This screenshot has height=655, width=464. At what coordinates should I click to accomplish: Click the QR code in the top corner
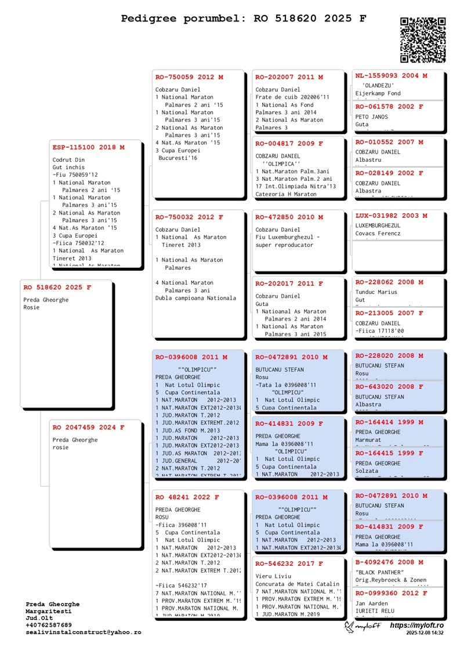(x=423, y=40)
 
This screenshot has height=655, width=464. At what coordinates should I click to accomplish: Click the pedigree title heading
(x=244, y=19)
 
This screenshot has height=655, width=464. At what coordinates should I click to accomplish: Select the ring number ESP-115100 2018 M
(x=88, y=148)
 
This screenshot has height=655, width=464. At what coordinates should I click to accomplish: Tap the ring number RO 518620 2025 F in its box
(x=57, y=288)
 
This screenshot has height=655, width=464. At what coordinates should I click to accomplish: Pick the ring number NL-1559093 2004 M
(x=391, y=76)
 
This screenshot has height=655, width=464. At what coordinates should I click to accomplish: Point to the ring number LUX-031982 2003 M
(x=391, y=216)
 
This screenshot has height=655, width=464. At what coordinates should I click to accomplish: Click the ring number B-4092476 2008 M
(x=389, y=562)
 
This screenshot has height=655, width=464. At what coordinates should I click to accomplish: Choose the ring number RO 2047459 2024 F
(x=88, y=428)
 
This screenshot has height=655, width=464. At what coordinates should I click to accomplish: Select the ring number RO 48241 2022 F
(x=187, y=497)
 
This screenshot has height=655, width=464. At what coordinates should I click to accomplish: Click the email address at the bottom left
(x=83, y=632)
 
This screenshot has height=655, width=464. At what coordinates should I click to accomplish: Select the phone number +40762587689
(x=49, y=625)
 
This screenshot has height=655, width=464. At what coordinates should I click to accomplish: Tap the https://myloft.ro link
(x=416, y=625)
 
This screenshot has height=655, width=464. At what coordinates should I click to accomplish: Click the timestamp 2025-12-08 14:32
(x=425, y=634)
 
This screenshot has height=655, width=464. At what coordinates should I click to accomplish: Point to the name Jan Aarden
(x=371, y=603)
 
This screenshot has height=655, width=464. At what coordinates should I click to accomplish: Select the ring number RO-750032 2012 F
(x=189, y=217)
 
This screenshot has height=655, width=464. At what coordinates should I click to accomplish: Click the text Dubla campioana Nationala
(x=195, y=298)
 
